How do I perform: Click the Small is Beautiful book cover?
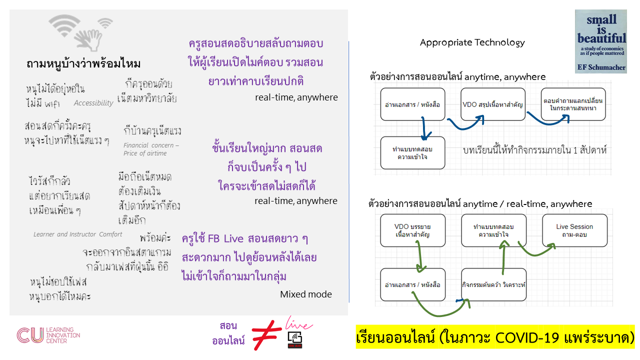click(600, 41)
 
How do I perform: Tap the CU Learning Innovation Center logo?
click(48, 335)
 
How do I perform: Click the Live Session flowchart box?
click(574, 230)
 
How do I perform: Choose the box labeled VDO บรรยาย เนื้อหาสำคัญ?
click(412, 230)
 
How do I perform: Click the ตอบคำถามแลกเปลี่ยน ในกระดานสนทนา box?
click(573, 104)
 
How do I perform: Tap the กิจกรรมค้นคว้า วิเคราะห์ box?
click(493, 284)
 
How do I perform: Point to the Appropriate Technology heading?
click(472, 42)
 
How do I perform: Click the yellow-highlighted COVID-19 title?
click(495, 338)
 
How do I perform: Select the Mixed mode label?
click(305, 294)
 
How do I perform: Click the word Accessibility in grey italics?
click(93, 103)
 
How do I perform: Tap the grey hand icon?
click(88, 39)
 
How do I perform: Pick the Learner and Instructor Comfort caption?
click(77, 234)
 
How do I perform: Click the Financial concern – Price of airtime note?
click(151, 149)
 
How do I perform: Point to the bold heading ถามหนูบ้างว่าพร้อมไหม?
click(83, 64)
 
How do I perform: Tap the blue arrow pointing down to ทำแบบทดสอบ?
click(425, 128)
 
